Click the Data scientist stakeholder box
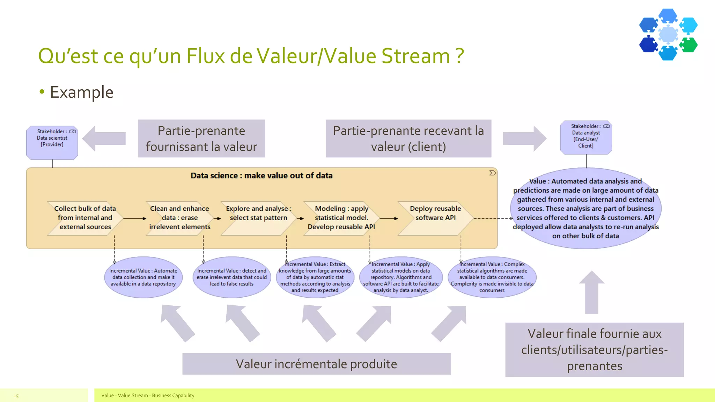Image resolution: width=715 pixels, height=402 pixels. tap(52, 142)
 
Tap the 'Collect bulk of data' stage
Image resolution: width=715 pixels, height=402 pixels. tap(85, 218)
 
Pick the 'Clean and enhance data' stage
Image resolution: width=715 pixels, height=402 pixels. tap(179, 218)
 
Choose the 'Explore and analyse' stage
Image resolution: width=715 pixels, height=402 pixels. tap(258, 218)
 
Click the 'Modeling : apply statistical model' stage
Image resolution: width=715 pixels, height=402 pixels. tap(341, 218)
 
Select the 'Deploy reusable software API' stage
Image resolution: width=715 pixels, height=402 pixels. tap(435, 218)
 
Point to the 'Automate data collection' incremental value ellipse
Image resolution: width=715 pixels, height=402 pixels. tap(143, 277)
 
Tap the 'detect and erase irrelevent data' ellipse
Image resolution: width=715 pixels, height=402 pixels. tap(232, 277)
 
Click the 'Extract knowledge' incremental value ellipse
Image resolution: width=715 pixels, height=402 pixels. tap(315, 277)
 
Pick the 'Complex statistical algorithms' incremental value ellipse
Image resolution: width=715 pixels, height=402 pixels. tap(492, 277)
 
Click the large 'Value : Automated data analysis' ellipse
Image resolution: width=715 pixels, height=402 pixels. tap(585, 208)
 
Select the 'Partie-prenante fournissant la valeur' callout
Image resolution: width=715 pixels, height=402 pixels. tap(201, 139)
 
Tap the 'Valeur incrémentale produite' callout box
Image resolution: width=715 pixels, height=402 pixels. tap(316, 364)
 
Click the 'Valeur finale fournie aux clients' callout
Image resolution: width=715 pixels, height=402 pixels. tap(594, 350)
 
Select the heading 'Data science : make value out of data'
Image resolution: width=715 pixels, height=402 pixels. tap(261, 176)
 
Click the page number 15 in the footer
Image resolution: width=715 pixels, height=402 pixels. tap(16, 396)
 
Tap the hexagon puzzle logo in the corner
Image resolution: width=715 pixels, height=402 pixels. tap(668, 34)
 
